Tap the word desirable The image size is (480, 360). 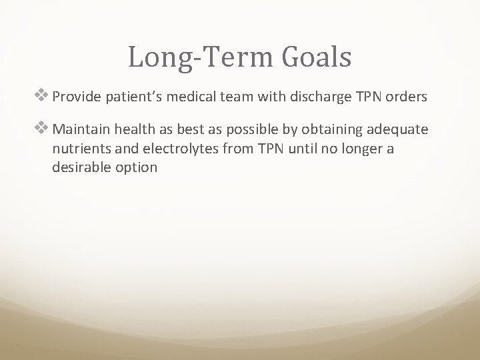coord(79,167)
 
